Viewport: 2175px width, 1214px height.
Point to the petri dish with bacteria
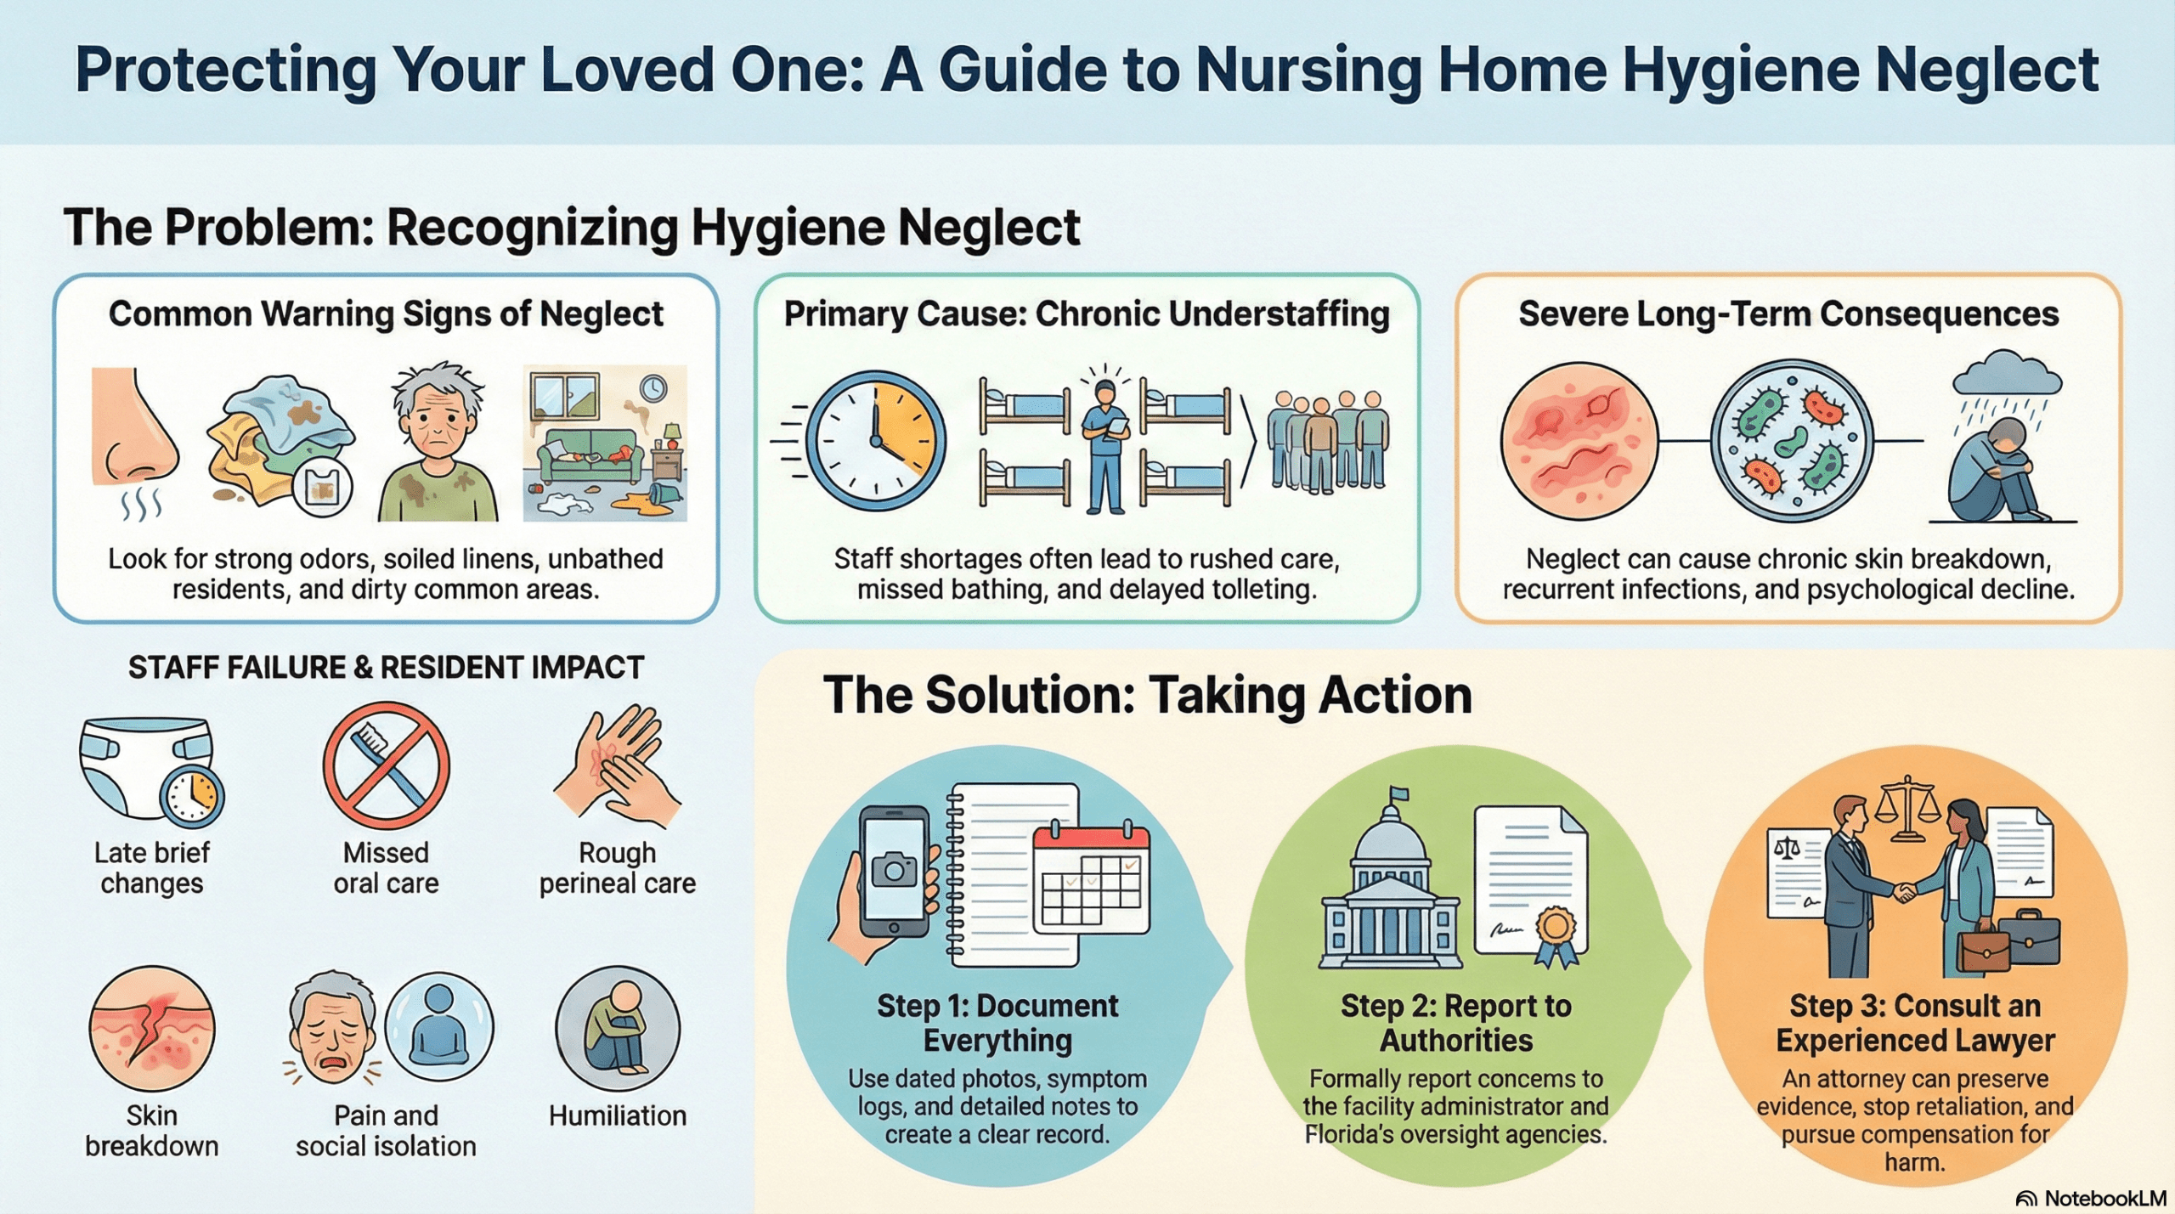[x=1791, y=441]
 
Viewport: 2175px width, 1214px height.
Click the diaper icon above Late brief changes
[x=144, y=765]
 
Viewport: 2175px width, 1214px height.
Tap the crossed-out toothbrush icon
[x=387, y=765]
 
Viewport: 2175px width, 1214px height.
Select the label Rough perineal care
[x=618, y=867]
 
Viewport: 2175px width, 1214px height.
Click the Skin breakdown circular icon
[x=152, y=1029]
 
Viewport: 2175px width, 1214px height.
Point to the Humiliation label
[x=618, y=1115]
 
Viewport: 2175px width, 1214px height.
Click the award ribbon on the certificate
[x=1556, y=934]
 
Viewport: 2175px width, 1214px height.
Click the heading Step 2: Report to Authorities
[x=1456, y=1023]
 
